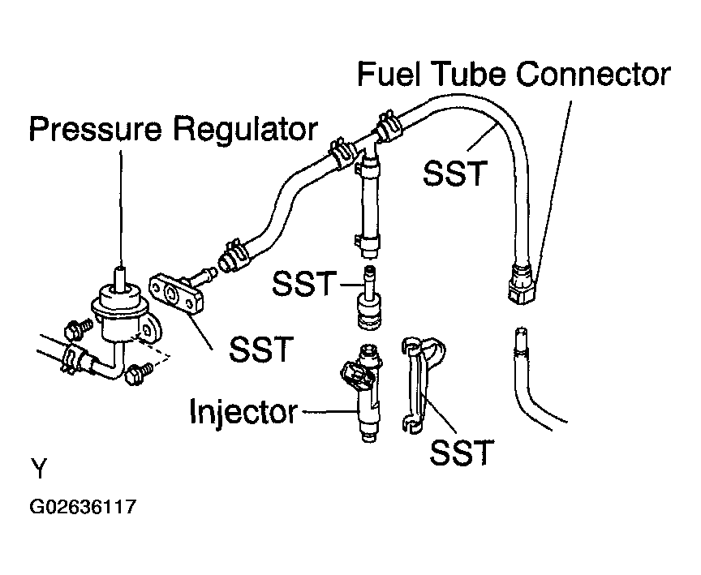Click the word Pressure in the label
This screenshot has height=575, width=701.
[x=95, y=128]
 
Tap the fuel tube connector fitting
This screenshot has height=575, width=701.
[x=523, y=285]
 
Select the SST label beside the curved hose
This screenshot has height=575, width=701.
[x=454, y=174]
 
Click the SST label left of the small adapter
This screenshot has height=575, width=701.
[x=304, y=283]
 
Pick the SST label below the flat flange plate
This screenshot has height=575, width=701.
[x=261, y=349]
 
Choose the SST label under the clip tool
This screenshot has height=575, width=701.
[x=462, y=453]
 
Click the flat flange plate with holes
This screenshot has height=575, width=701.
[x=177, y=295]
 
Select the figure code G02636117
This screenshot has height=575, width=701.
[x=83, y=508]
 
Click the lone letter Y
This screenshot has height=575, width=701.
[x=39, y=468]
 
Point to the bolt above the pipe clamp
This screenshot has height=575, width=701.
[x=77, y=330]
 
